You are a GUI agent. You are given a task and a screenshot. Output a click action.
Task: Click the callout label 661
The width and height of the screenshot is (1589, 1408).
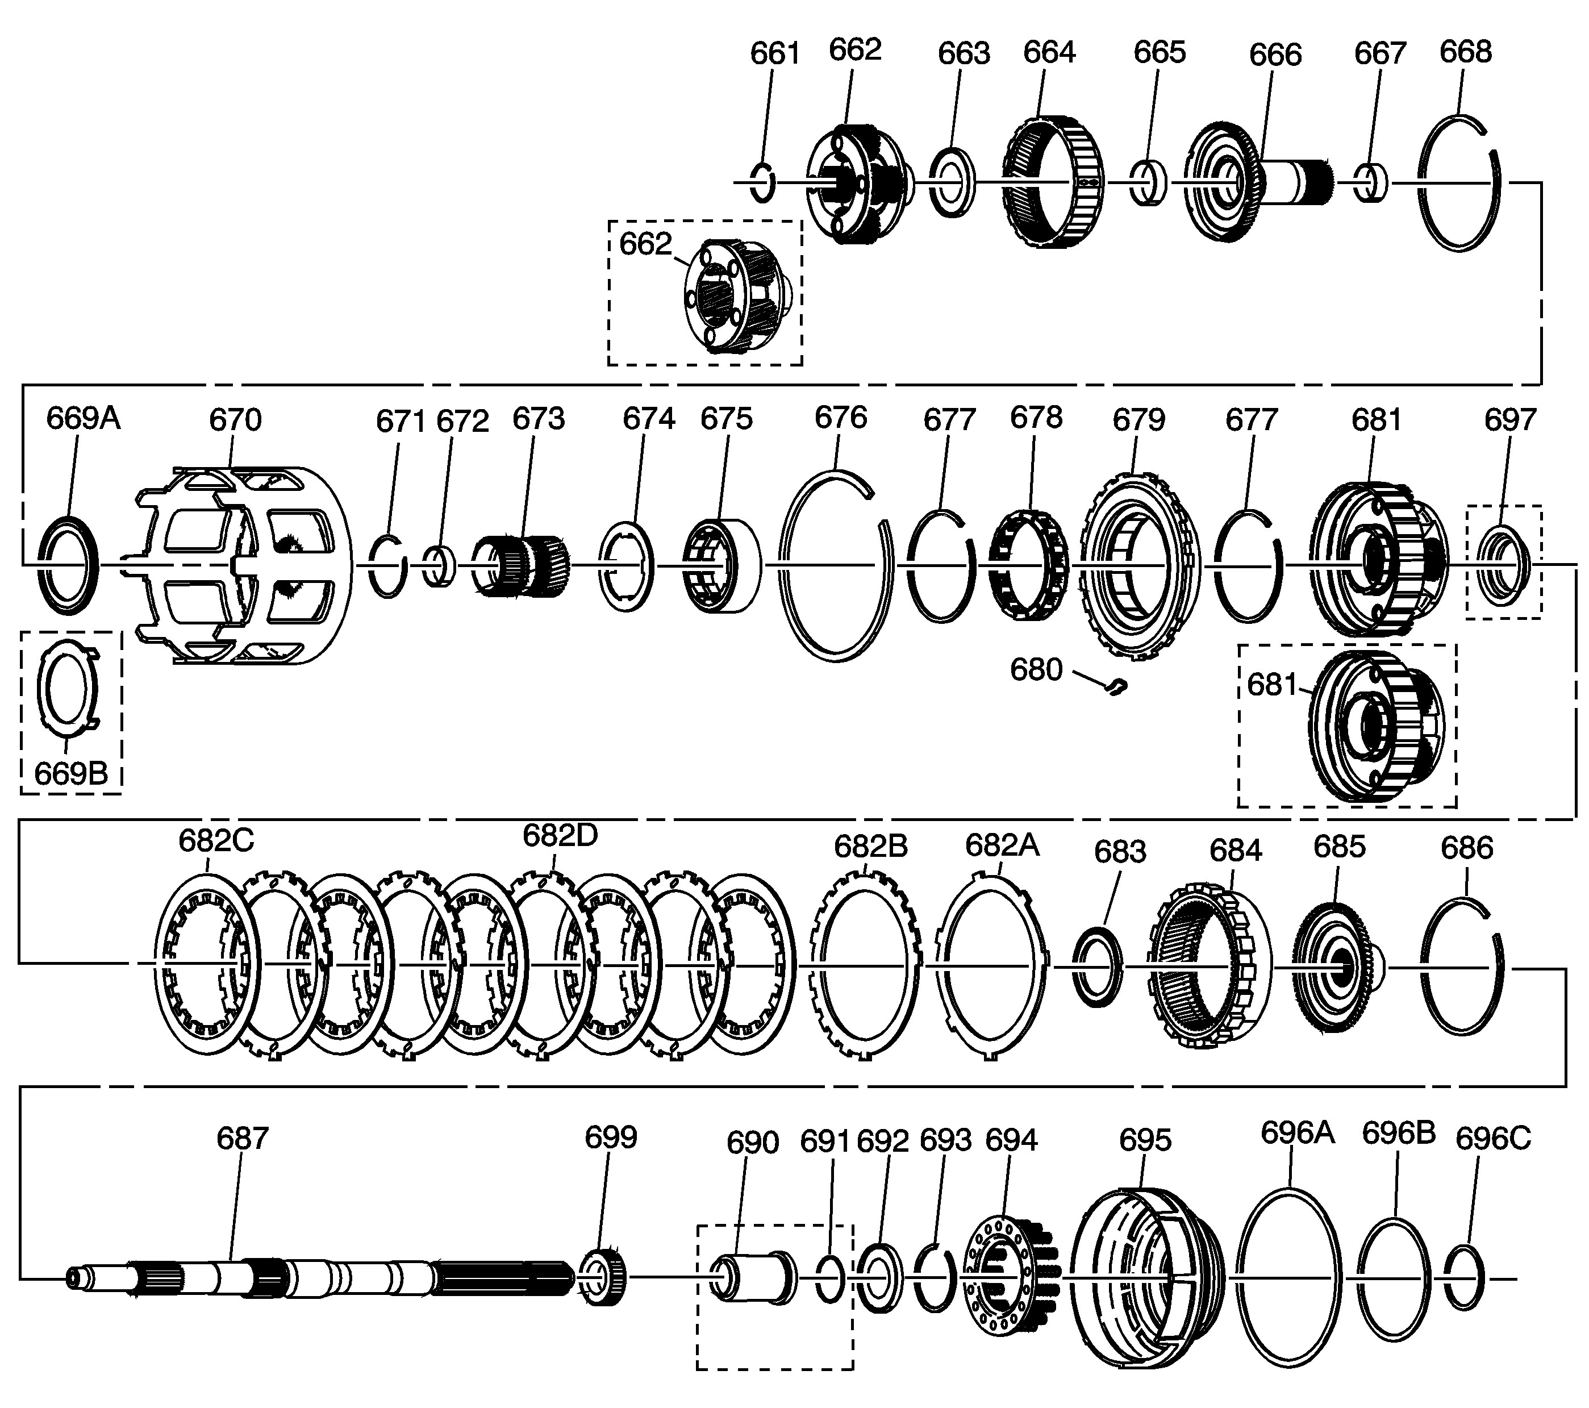coord(774,53)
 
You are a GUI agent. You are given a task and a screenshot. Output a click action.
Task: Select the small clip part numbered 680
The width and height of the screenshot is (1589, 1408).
coord(1116,686)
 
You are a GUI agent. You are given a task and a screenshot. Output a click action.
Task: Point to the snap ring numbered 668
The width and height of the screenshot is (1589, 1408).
coord(1459,184)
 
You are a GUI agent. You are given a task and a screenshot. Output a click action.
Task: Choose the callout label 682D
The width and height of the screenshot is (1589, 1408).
coord(560,835)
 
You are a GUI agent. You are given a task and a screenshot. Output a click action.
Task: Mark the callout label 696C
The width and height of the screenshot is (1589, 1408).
coord(1492,1139)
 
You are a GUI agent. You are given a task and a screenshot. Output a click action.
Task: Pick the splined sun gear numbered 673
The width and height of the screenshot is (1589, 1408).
coord(521,565)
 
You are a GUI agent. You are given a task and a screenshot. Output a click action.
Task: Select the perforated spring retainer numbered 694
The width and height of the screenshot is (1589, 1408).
coord(1008,1277)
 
